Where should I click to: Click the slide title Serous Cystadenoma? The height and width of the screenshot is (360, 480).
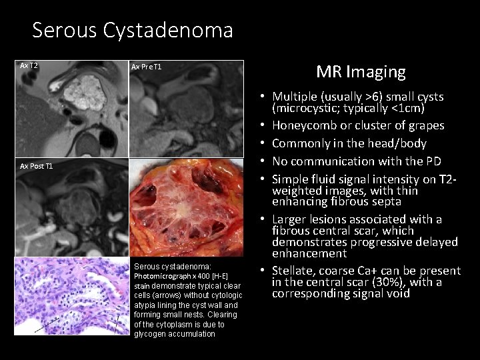pos(132,31)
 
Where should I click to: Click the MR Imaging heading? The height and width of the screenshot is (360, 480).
pos(360,71)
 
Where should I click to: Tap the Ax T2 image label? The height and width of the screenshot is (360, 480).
pos(29,65)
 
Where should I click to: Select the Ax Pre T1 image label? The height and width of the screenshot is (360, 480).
pos(147,67)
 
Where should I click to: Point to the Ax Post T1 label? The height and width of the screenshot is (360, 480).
pos(37,165)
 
